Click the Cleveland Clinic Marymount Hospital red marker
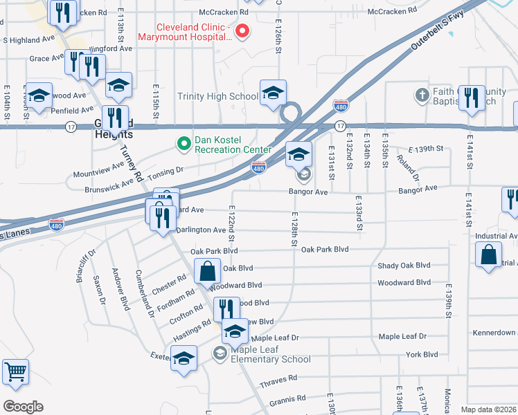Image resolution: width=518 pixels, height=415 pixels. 242,30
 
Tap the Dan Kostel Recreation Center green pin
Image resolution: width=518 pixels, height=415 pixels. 184,144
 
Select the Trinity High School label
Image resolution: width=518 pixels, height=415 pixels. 217,97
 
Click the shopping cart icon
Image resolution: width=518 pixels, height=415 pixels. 15,372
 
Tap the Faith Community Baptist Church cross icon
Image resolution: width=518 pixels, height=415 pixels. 422,94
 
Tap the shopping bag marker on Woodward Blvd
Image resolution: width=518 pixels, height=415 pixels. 207,272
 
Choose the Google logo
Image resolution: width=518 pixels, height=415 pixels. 23,407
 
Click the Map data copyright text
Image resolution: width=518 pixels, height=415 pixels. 488,409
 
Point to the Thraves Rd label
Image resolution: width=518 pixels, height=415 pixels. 278,378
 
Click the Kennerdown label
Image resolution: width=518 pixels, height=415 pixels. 494,333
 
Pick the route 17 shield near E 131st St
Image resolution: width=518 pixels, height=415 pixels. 339,126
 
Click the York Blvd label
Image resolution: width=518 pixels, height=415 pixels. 422,355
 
